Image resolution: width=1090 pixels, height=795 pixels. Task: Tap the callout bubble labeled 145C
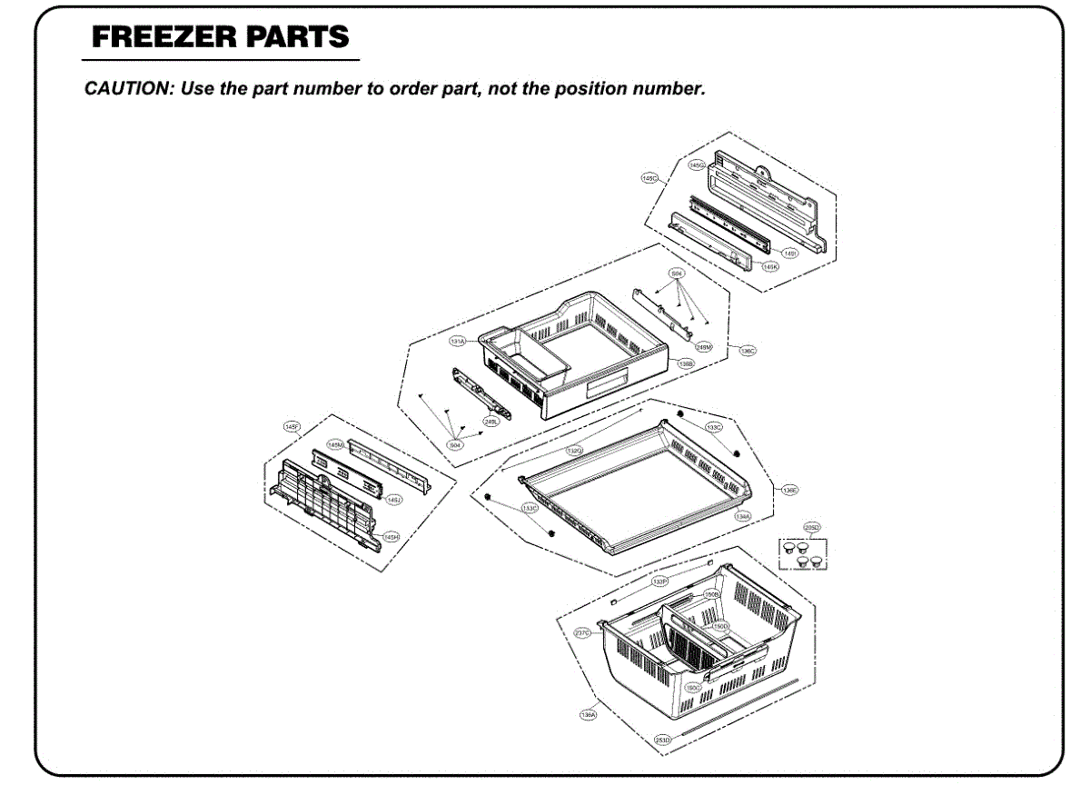tap(649, 179)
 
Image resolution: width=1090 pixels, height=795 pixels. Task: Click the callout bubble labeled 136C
tap(748, 351)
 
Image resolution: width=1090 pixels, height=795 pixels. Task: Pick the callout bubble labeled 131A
tap(458, 342)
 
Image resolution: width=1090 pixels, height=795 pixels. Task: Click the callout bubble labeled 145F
tap(292, 426)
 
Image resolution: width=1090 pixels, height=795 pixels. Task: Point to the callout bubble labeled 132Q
tap(575, 451)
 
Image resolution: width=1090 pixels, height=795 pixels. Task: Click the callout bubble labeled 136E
tap(789, 490)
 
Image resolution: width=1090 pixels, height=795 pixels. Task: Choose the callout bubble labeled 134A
tap(743, 516)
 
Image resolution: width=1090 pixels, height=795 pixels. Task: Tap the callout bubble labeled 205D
tap(811, 527)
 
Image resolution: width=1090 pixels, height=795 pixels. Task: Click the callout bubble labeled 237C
tap(583, 632)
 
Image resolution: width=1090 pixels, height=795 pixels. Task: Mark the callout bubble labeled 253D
tap(663, 740)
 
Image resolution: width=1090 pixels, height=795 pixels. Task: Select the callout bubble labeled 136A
tap(588, 715)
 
